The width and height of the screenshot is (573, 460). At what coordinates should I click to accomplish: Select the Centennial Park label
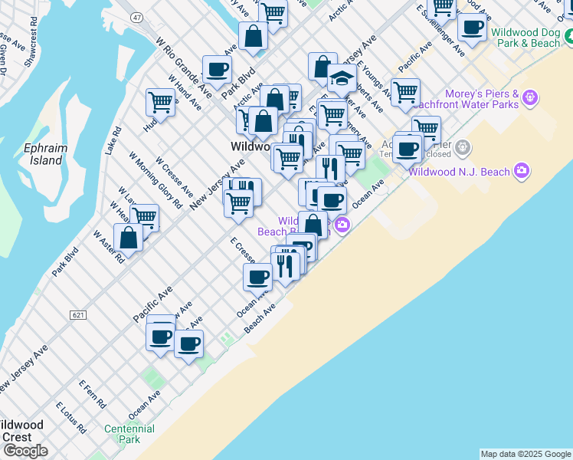coord(123,434)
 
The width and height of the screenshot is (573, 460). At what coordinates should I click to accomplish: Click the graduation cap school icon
coord(341,80)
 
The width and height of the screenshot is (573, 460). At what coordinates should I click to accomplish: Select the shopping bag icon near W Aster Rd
coord(128,238)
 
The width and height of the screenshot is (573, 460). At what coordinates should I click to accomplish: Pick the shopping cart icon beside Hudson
coord(160,101)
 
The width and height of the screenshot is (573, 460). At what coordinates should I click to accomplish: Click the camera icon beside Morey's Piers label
coord(531,97)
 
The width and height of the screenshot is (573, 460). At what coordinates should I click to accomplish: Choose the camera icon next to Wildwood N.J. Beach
coord(522,170)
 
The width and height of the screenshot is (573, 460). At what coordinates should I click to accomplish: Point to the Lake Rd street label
coord(113,140)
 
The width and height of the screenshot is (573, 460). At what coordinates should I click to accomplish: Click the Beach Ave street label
coord(259,320)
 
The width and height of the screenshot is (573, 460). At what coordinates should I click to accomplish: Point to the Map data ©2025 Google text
coord(526,454)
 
